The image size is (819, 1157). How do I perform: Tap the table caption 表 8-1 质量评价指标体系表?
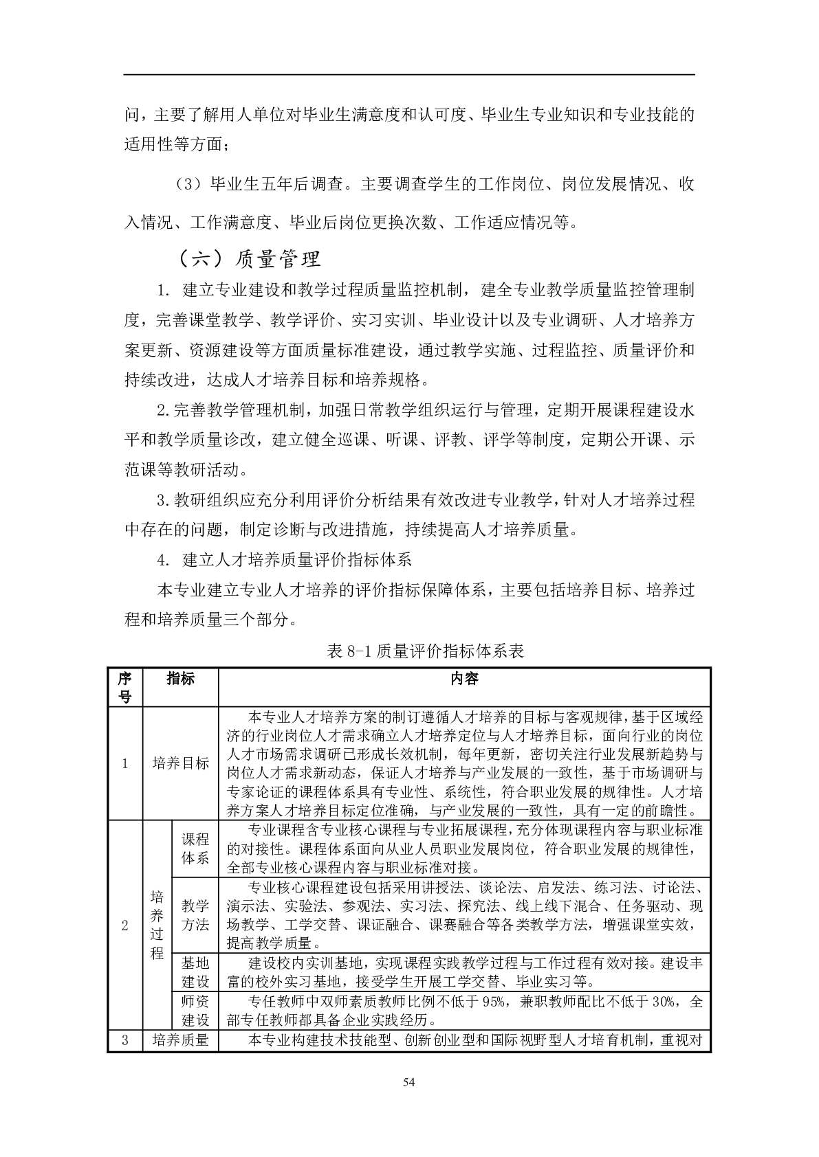coord(426,651)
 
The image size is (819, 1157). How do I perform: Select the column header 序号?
coord(124,688)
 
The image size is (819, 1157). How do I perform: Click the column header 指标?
coord(180,679)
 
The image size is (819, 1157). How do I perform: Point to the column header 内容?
coord(464,679)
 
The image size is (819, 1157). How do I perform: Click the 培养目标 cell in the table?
coord(180,763)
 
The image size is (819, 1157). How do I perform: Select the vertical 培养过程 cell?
coord(157,925)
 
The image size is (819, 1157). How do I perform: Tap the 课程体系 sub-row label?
coord(195,849)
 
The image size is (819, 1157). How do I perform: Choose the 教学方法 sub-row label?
coord(195,914)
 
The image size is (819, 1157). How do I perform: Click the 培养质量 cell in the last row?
coord(180,1040)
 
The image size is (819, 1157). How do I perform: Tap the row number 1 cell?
coord(124,763)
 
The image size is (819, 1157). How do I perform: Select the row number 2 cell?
coord(124,925)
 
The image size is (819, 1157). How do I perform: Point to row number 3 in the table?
coord(124,1040)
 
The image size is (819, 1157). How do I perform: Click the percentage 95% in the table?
coord(494,1002)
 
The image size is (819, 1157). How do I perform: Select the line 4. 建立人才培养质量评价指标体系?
coord(285,559)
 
